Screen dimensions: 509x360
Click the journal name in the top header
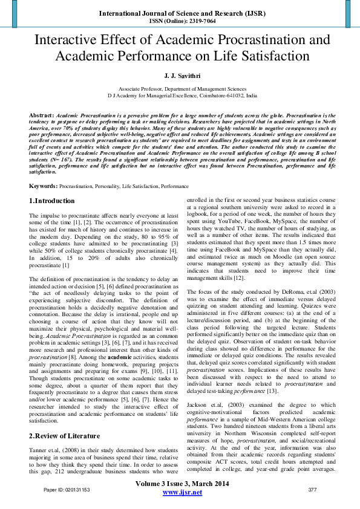(x=180, y=12)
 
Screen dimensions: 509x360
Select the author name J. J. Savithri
(x=180, y=75)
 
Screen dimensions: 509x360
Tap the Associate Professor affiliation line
(x=180, y=88)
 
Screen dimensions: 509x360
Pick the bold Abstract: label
(x=42, y=114)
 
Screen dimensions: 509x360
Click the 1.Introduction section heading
(x=52, y=201)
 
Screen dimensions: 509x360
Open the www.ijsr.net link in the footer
(x=180, y=493)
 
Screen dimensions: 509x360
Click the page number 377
(x=313, y=490)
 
